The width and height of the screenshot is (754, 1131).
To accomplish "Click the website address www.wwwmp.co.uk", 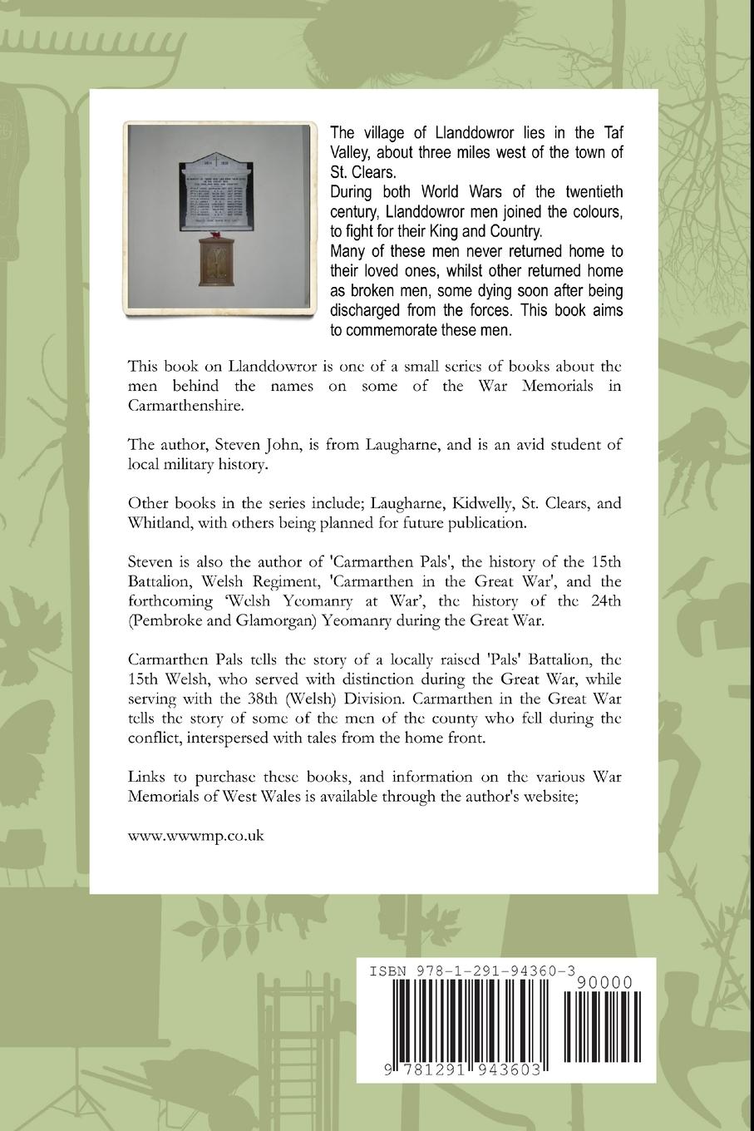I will click(x=195, y=836).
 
